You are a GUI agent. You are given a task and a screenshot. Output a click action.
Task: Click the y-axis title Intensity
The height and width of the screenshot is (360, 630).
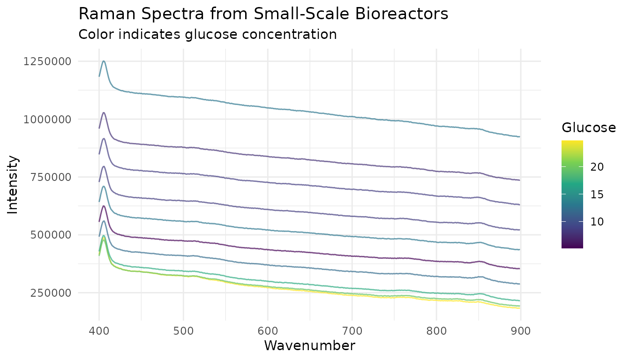pos(14,185)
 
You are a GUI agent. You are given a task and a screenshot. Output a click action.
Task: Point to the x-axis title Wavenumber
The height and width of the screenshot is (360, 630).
pos(309,346)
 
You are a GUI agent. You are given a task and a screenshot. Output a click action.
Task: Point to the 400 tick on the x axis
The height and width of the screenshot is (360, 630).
pos(99,331)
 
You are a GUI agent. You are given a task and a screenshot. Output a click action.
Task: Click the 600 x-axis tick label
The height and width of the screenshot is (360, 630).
pos(268,331)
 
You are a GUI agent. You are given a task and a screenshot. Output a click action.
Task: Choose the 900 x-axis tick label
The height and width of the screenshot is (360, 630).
pos(520,331)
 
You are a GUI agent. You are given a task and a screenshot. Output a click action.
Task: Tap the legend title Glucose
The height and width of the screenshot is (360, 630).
pos(588,127)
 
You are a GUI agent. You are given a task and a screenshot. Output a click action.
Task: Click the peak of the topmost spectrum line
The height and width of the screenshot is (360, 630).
pos(104,61)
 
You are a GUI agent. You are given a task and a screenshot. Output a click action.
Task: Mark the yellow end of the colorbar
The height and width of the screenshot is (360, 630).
pos(572,142)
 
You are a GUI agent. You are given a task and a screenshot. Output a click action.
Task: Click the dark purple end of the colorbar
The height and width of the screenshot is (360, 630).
pos(572,246)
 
